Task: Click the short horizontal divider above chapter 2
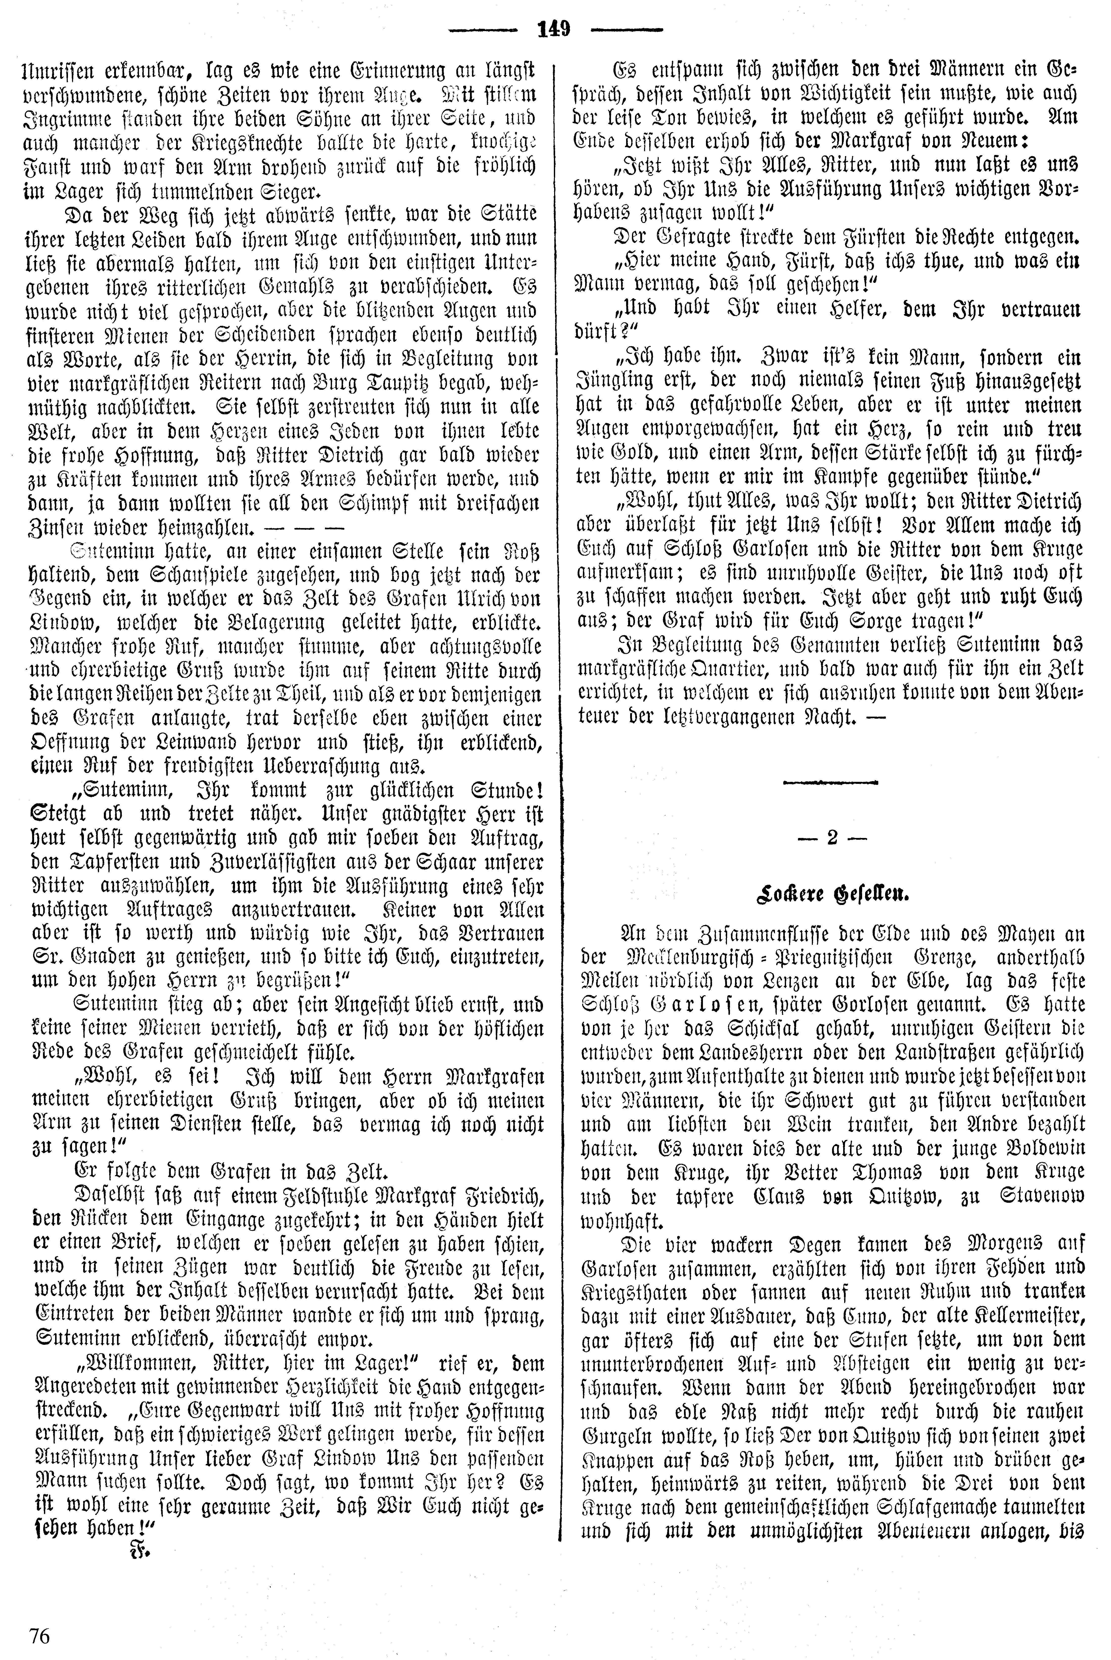(x=831, y=782)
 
